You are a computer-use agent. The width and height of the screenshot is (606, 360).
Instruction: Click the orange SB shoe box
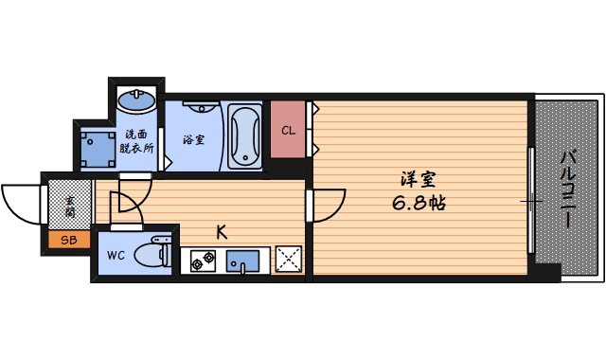pyautogui.click(x=67, y=240)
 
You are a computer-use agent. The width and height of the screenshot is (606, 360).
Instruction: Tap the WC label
pyautogui.click(x=116, y=255)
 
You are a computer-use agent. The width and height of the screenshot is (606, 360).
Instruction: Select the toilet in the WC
pyautogui.click(x=151, y=255)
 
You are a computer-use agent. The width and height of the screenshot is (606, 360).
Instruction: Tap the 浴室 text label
pyautogui.click(x=194, y=139)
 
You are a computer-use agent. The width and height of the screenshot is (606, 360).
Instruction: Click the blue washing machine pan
pyautogui.click(x=96, y=147)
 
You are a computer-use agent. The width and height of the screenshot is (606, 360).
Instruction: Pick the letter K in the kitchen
pyautogui.click(x=221, y=230)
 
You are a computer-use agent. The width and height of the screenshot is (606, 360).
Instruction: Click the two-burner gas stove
pyautogui.click(x=201, y=260)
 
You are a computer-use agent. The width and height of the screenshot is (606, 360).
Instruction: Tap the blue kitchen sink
pyautogui.click(x=244, y=260)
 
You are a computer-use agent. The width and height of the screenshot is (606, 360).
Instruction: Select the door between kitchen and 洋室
pyautogui.click(x=327, y=202)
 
